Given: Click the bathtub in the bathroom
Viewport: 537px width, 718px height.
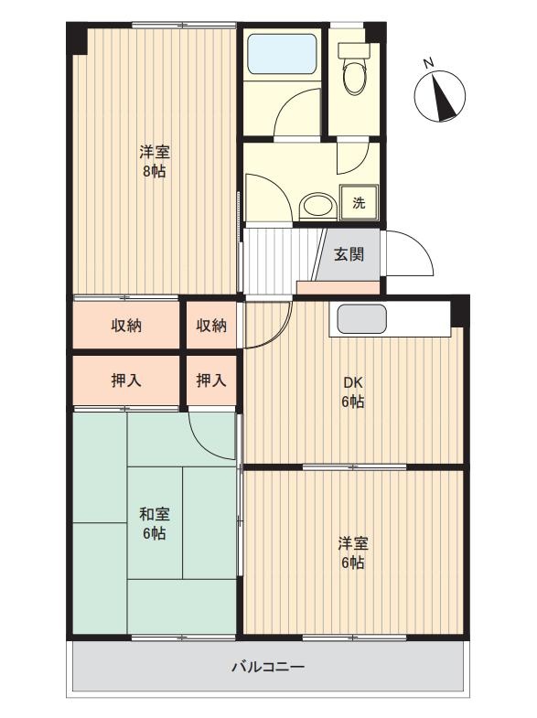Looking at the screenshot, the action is (282, 54).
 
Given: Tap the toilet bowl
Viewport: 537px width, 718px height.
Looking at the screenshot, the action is (355, 79).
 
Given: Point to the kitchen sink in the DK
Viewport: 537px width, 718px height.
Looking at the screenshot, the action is (361, 319).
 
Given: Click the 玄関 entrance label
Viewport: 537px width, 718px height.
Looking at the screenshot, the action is (349, 254).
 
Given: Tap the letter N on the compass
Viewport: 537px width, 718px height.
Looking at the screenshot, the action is (428, 63).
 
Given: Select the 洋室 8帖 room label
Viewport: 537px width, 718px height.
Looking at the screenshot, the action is (155, 161).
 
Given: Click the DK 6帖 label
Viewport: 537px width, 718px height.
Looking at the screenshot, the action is (353, 392).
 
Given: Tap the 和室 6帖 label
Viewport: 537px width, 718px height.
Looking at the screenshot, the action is (155, 523).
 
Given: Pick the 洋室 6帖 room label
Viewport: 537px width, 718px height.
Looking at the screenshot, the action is (353, 552).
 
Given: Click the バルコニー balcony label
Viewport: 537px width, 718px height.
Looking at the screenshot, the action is (268, 666).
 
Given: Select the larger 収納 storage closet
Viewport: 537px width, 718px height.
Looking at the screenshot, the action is (126, 326).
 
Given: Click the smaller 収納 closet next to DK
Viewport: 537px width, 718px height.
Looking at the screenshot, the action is (211, 326).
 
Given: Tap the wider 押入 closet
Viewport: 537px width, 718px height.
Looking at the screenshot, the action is (126, 380).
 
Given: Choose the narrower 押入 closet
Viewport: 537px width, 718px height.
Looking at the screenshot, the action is (211, 380).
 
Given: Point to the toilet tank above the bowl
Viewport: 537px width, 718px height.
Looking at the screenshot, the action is (354, 50).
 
